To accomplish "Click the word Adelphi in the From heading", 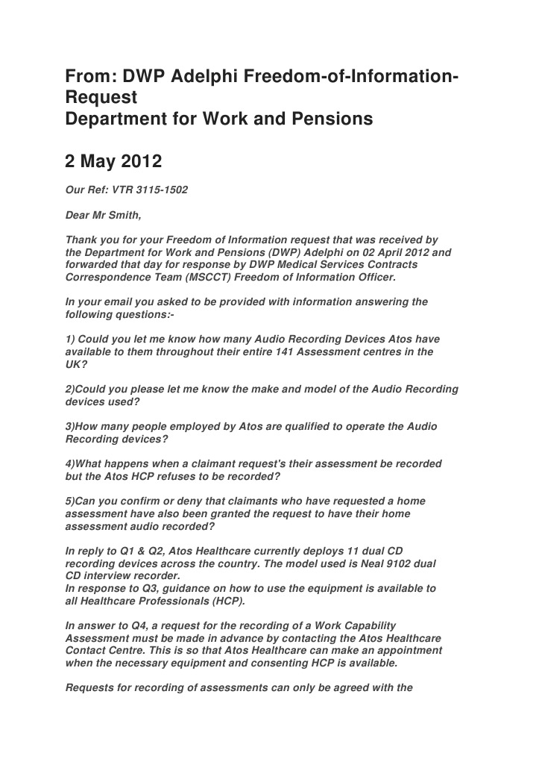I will tap(166, 78).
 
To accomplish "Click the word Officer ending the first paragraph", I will tap(371, 276).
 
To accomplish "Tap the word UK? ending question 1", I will tap(77, 364).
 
